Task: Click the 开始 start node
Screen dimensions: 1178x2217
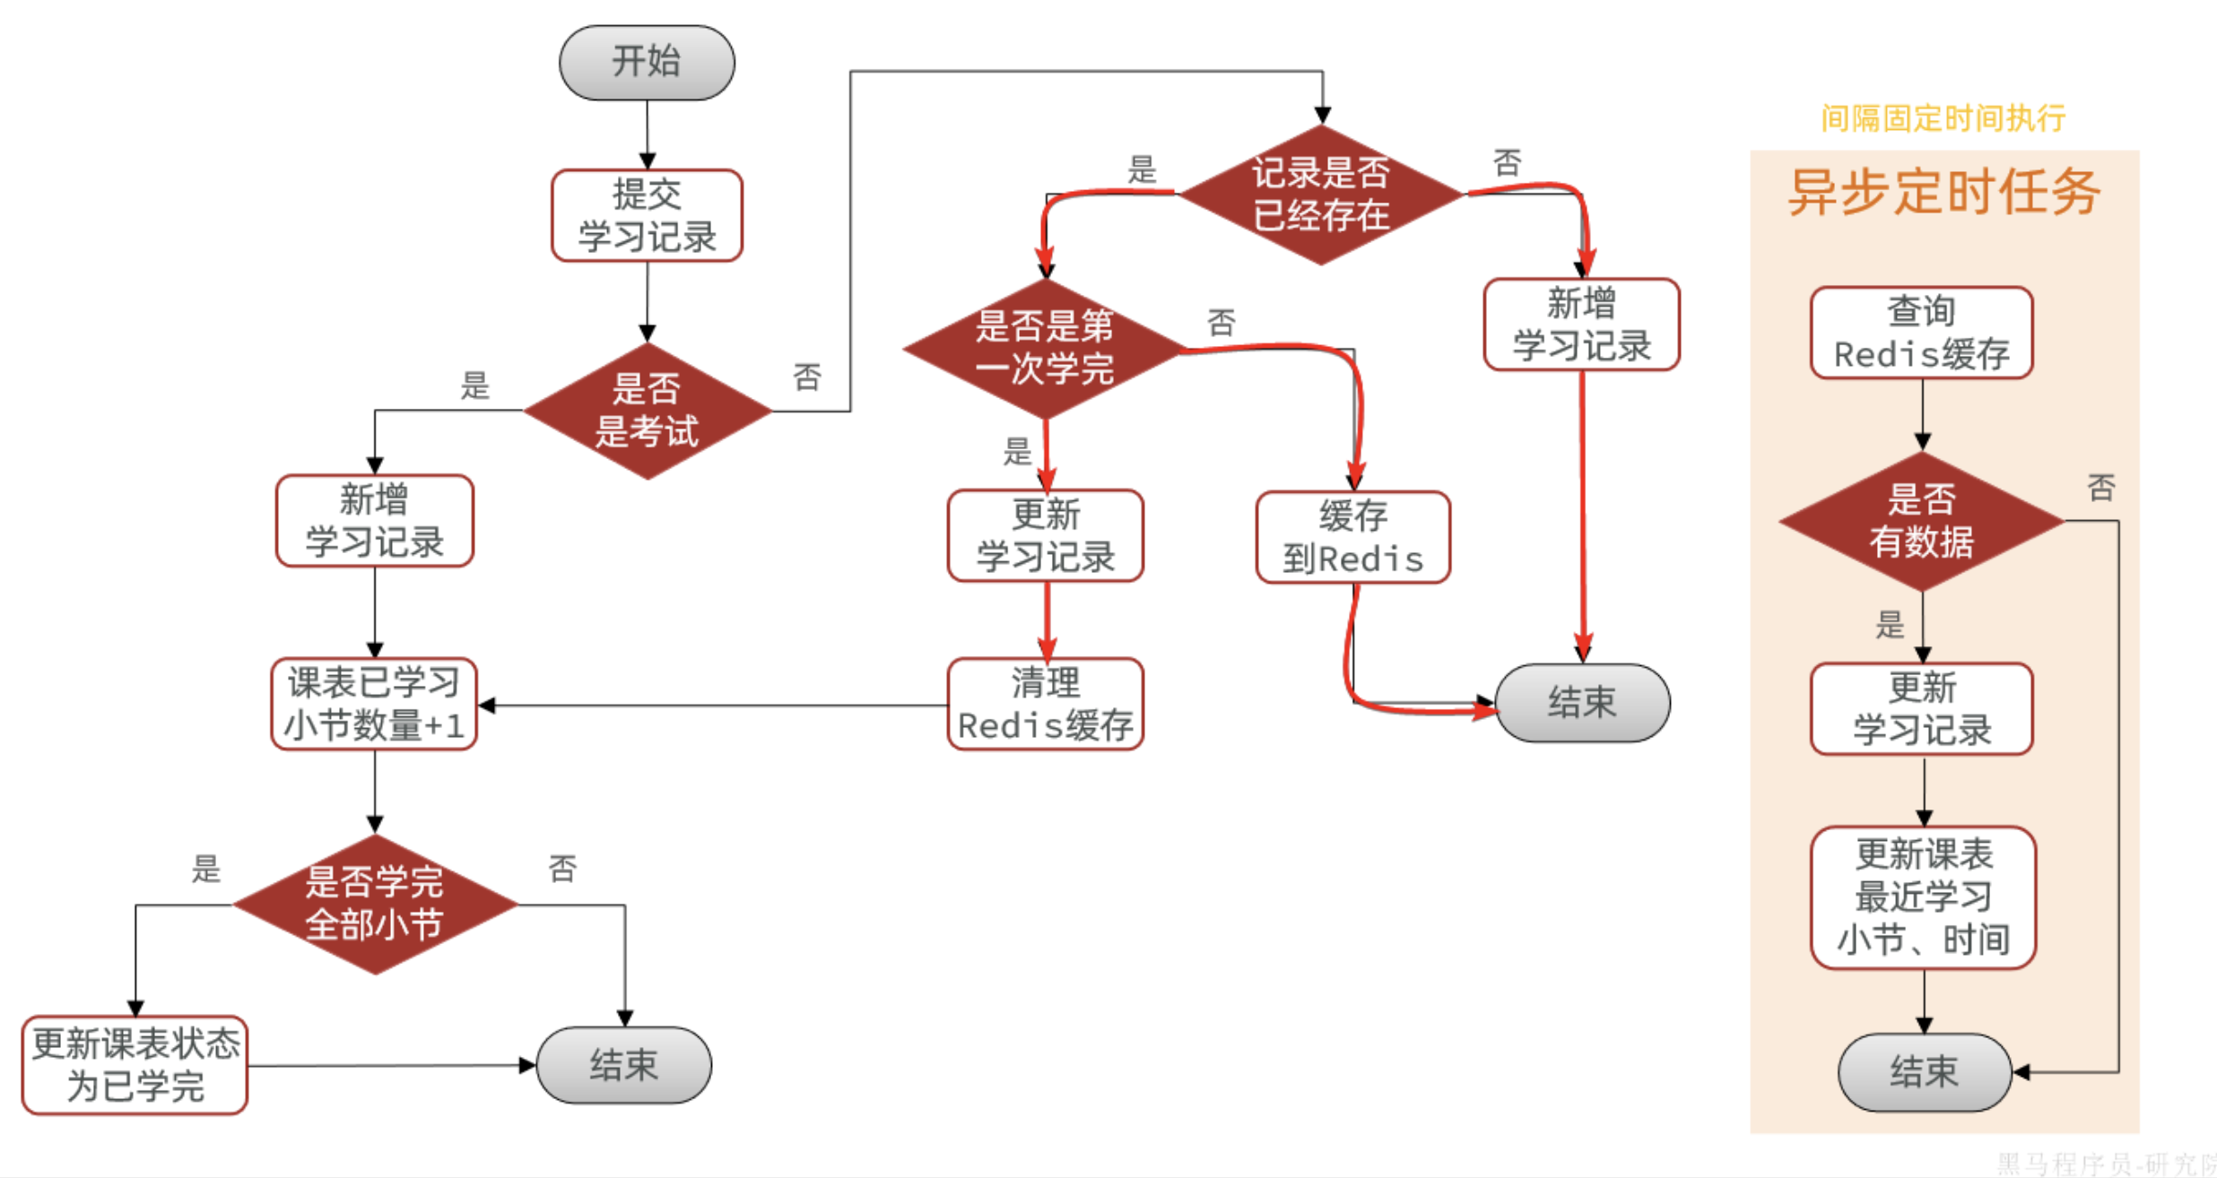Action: tap(647, 63)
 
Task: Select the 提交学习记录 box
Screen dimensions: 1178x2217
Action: tap(647, 215)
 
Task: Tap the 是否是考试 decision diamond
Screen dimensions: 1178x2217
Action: tap(647, 411)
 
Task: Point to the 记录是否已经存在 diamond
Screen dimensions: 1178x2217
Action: tap(1321, 194)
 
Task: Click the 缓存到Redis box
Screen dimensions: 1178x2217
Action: tap(1352, 538)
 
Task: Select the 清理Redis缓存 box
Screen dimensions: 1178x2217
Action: tap(1045, 705)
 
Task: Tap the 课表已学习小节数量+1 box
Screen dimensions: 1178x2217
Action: tap(374, 705)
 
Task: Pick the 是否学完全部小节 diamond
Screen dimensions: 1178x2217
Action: tap(374, 904)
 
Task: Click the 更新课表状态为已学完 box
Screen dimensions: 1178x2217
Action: tap(135, 1065)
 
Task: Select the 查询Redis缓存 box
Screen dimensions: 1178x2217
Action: tap(1921, 333)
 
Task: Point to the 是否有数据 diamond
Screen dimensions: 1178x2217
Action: tap(1921, 521)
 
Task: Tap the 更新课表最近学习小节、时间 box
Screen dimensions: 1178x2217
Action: tap(1923, 896)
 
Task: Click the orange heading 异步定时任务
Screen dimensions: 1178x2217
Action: tap(1943, 192)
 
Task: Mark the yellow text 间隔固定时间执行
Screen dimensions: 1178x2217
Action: tap(1943, 118)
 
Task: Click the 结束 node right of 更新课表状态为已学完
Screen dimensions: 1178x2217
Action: tap(624, 1065)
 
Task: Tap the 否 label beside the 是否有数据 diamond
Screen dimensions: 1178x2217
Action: tap(2101, 489)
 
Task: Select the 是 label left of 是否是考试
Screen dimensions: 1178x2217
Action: tap(474, 386)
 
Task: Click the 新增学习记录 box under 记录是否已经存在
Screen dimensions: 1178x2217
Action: tap(1581, 325)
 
